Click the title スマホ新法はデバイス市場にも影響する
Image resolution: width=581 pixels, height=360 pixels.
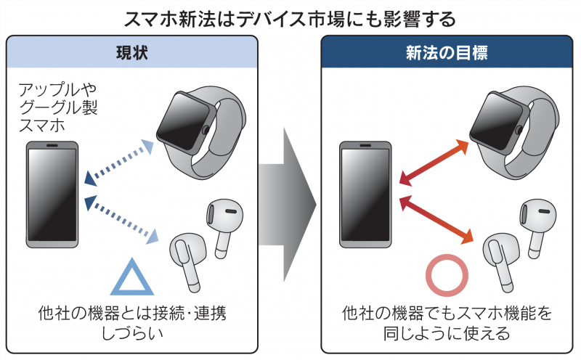point(290,17)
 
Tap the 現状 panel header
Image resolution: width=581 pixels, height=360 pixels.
point(131,52)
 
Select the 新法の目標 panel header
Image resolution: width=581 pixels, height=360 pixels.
point(446,52)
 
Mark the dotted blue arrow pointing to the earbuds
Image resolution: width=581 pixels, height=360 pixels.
point(121,217)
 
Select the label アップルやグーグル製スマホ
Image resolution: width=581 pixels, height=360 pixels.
point(57,107)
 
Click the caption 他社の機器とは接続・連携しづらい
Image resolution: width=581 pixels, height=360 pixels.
point(131,323)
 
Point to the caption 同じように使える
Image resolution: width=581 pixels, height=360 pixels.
point(446,335)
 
